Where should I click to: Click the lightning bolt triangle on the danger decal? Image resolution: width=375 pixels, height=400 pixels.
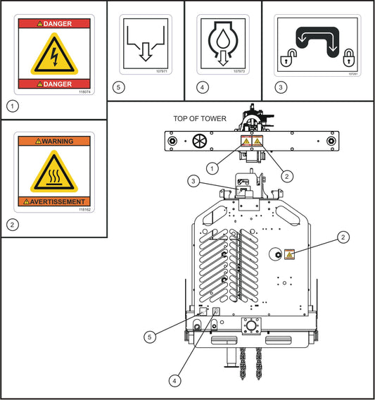[x=54, y=54]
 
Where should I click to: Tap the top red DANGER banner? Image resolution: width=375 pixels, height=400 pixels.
[x=54, y=23]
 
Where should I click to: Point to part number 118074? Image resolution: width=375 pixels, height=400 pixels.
[x=85, y=91]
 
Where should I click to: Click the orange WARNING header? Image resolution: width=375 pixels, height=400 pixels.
[x=54, y=142]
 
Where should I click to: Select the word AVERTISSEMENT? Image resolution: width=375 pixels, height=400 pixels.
[x=54, y=201]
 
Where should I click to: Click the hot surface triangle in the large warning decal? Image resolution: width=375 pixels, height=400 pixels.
[x=54, y=172]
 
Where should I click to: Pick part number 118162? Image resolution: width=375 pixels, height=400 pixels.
[x=85, y=209]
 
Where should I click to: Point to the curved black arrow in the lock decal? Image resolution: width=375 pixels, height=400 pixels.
[x=318, y=39]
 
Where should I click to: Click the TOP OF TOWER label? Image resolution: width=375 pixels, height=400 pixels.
[x=199, y=118]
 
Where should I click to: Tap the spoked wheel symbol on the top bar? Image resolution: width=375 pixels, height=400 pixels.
[x=201, y=142]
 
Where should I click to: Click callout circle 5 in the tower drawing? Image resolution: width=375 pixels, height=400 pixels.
[x=150, y=337]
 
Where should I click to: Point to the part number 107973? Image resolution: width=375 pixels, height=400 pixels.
[x=239, y=72]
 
